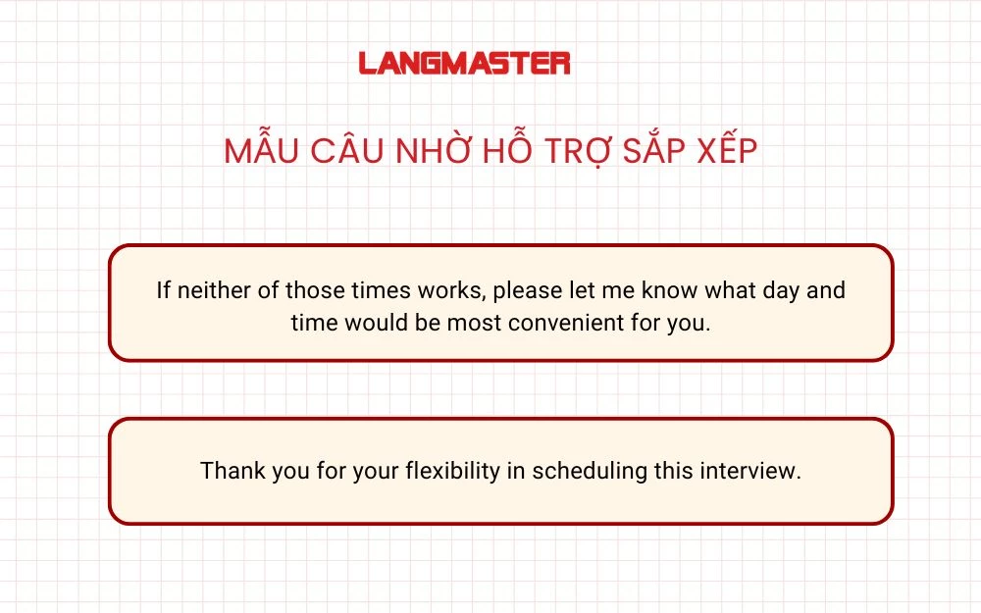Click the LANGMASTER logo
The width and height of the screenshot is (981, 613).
point(464,64)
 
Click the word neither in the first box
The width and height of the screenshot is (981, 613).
point(210,291)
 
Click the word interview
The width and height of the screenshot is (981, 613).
point(750,471)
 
